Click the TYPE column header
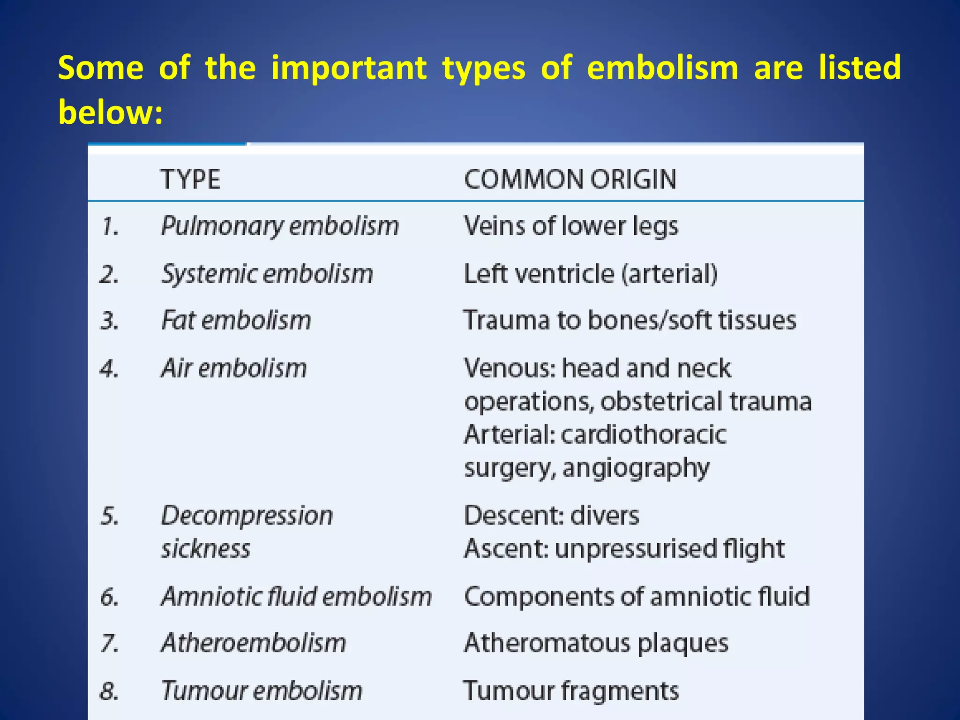[190, 180]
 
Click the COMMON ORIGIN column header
[570, 180]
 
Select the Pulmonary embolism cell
[280, 226]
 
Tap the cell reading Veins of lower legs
[570, 226]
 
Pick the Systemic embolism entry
[267, 274]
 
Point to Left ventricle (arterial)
[590, 274]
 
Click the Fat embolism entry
[236, 321]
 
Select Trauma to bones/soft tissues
[630, 321]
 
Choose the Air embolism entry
[234, 368]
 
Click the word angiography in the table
[636, 468]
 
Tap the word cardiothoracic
[643, 435]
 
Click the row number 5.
[110, 517]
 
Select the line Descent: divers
[551, 516]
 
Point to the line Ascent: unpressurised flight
[624, 548]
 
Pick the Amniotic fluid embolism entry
[296, 597]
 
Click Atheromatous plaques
[596, 643]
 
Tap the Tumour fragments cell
[571, 691]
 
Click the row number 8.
[109, 691]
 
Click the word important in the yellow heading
[349, 68]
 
